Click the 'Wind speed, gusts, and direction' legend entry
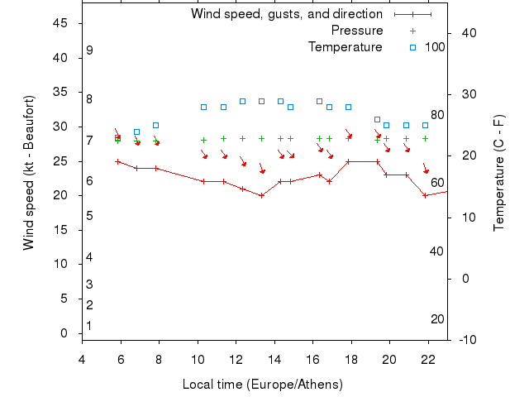pos(286,14)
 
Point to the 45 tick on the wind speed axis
pos(60,23)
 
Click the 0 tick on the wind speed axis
pos(64,333)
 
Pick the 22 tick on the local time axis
pos(427,359)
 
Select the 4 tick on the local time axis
pos(82,359)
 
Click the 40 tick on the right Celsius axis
pos(468,33)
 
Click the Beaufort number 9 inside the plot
pos(89,50)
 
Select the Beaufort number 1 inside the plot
pos(89,326)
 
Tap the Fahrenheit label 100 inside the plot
pos(435,47)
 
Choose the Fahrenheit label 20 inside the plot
pos(437,319)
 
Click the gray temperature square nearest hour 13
pos(261,101)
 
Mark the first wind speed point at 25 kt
pos(118,161)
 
